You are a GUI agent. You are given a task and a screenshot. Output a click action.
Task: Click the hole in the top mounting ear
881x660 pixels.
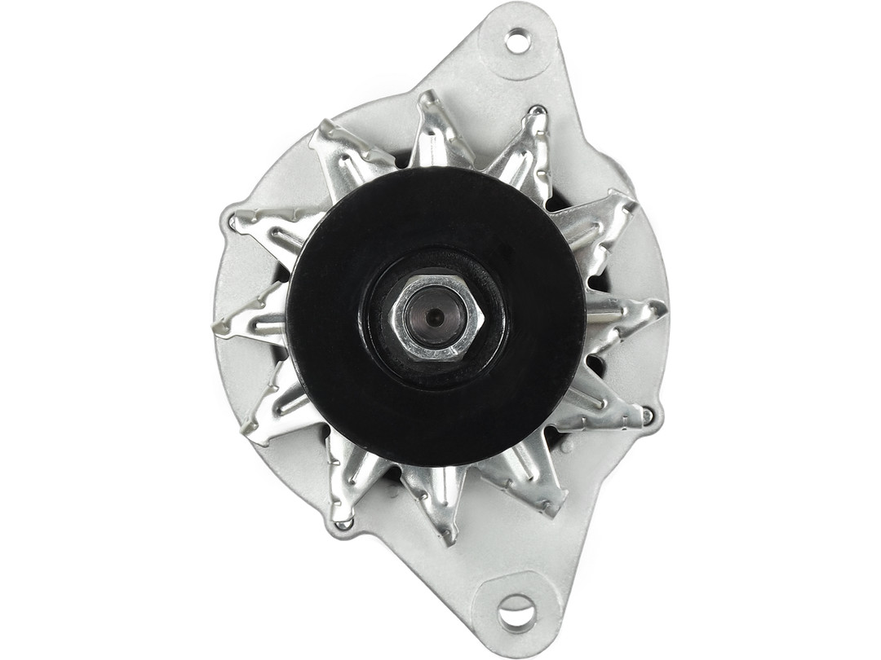point(517,40)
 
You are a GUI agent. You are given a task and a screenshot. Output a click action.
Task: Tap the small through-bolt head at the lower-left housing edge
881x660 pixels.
point(343,524)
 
